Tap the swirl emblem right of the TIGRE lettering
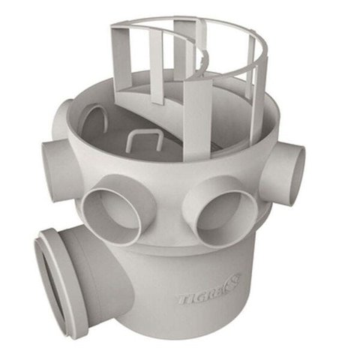click(232, 281)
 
